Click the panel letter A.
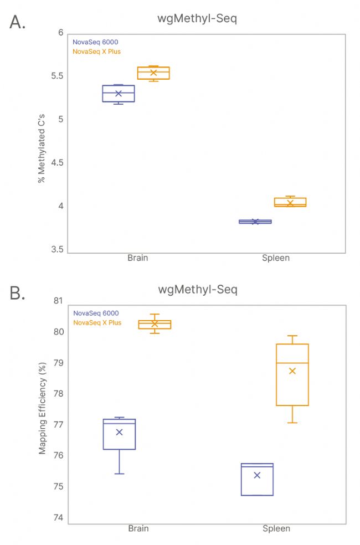18,22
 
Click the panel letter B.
18,293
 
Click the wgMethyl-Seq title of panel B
198,290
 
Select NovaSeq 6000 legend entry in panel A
95,42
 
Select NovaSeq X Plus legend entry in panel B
97,322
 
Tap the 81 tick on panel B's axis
58,301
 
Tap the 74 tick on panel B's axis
58,518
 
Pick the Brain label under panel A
138,258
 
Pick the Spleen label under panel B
276,528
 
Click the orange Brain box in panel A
153,73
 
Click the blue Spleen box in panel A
255,222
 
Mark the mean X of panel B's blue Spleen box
257,475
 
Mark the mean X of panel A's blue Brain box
119,93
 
